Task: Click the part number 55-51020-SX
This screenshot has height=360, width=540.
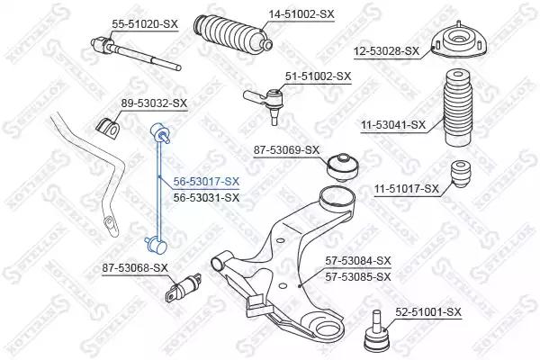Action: (145, 24)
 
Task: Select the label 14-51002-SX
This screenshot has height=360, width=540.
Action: (301, 14)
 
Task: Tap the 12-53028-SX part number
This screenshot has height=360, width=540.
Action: (386, 51)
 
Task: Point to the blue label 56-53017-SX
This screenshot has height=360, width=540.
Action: (206, 182)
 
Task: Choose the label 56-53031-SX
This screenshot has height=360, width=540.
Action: (206, 198)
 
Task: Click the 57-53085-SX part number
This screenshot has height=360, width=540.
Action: (358, 277)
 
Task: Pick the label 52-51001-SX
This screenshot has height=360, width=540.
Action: (428, 312)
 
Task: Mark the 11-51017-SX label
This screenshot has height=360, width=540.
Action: (407, 189)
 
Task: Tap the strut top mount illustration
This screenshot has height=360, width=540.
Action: (458, 43)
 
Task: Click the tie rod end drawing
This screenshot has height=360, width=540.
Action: (265, 102)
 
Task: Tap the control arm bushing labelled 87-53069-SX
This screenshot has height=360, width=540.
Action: (343, 167)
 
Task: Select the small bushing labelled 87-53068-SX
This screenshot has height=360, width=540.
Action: (183, 287)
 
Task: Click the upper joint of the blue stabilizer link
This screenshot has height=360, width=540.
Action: (160, 132)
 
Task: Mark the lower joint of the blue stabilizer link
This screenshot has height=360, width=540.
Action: (156, 245)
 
